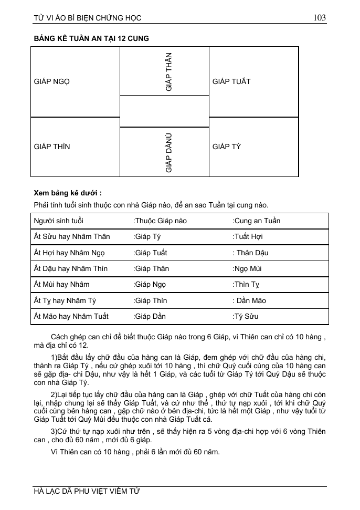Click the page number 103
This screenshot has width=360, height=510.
coord(320,18)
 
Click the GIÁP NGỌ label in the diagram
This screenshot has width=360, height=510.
coord(52,81)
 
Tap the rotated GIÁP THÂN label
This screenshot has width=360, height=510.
coord(168,72)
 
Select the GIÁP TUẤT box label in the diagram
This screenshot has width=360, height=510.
coord(231,81)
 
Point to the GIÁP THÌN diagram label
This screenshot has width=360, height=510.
coord(52,147)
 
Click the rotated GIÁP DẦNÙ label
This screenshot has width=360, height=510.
coord(168,153)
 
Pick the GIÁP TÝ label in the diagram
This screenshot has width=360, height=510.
coord(227,147)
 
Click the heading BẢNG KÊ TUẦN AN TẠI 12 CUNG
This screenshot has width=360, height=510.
coord(91,39)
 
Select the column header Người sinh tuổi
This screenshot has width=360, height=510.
coord(58,221)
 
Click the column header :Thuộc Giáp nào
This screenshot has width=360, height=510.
coord(160,221)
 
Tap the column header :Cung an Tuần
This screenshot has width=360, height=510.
coord(257,221)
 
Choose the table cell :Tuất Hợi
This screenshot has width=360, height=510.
coord(248,237)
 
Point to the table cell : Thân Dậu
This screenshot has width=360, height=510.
coord(250,253)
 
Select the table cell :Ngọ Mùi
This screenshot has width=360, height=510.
coord(247,268)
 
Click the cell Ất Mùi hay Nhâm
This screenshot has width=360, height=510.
coord(61,285)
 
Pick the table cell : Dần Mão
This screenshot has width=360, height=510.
coord(249,300)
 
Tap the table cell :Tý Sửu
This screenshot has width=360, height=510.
coord(246,316)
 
